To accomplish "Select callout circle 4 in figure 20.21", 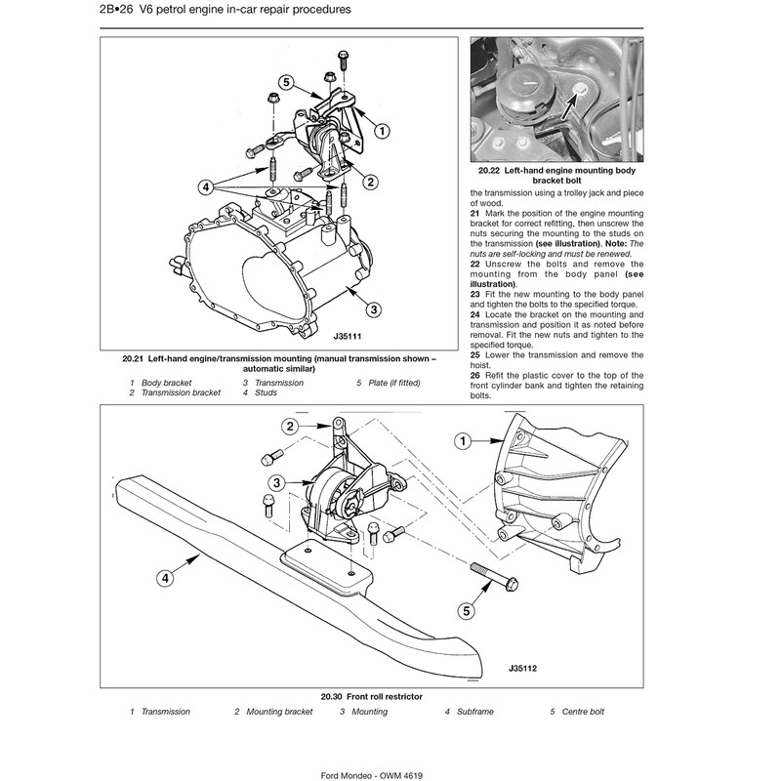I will pos(206,185).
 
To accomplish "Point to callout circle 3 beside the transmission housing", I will pos(373,310).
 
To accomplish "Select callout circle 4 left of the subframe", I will pos(166,578).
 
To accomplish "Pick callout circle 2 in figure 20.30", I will pos(291,426).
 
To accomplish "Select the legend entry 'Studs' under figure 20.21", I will pos(266,393).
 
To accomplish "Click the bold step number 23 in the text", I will pos(475,294).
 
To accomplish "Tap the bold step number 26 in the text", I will pos(475,376).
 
